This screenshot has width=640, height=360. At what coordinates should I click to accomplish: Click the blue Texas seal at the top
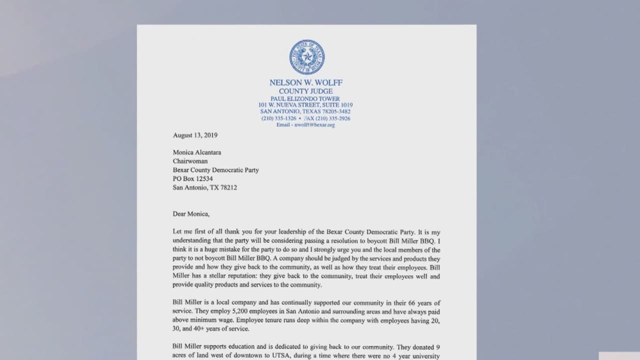click(x=306, y=57)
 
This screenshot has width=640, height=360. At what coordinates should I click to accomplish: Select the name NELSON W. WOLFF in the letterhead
click(x=306, y=82)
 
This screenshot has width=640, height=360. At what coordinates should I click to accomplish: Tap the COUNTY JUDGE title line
click(x=305, y=91)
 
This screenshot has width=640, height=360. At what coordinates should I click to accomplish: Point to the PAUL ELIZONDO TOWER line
click(x=305, y=99)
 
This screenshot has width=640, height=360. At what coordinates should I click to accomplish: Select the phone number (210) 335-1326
click(x=278, y=118)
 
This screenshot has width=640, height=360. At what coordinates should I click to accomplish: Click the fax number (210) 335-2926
click(x=333, y=118)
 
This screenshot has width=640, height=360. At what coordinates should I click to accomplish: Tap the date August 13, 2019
click(x=195, y=135)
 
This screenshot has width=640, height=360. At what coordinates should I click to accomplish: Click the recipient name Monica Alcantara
click(x=197, y=152)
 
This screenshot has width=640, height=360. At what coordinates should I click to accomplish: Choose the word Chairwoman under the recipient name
click(x=190, y=161)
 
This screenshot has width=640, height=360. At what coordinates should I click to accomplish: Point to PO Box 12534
click(x=192, y=178)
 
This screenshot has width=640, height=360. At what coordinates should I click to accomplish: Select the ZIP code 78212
click(x=228, y=187)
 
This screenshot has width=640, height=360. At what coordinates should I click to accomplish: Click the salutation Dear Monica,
click(x=191, y=213)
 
